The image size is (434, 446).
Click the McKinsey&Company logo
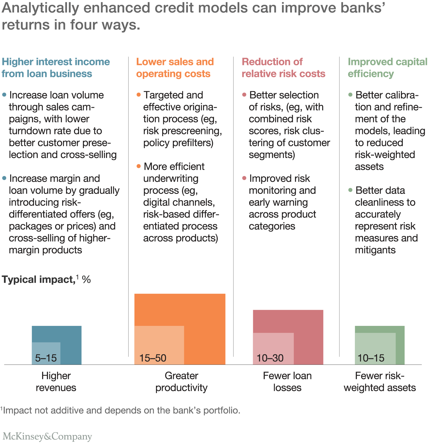(47, 436)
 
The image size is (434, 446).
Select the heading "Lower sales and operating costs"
(175, 68)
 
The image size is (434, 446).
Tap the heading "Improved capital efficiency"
(387, 68)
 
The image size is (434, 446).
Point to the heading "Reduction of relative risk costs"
(283, 68)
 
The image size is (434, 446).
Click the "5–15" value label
(46, 358)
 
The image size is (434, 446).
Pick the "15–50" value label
(153, 358)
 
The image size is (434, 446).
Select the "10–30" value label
(270, 358)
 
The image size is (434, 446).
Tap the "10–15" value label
(371, 358)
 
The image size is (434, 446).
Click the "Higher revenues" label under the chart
(56, 382)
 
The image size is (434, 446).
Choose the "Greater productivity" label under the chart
(181, 382)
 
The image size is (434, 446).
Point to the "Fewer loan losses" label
(287, 382)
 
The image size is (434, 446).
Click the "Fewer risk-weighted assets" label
(380, 382)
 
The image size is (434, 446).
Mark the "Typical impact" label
(38, 280)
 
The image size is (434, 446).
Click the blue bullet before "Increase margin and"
(4, 178)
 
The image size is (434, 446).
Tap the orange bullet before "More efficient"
(138, 166)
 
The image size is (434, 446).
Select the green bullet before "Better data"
(350, 190)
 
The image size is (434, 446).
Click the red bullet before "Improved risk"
(244, 178)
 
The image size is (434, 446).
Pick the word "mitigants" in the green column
(375, 250)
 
